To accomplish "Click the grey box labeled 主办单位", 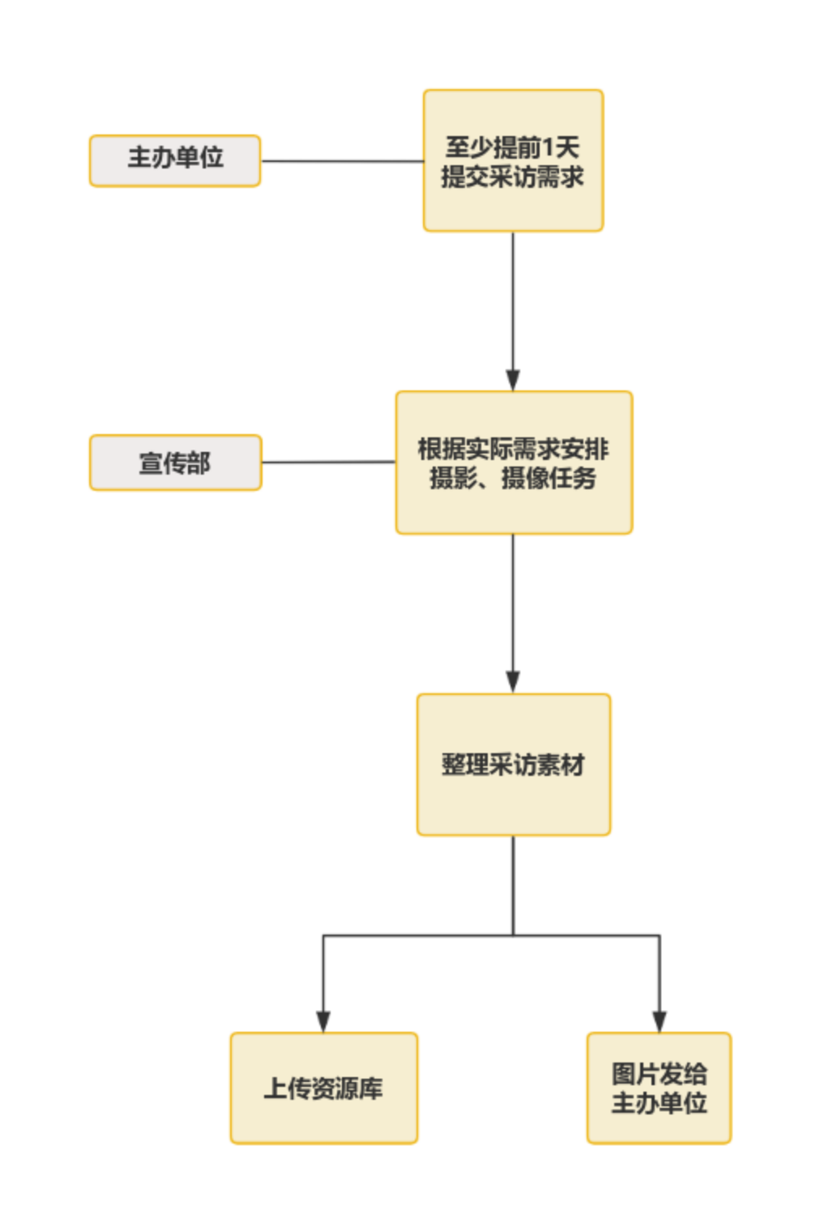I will (174, 160).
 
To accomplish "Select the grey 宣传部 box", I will (174, 462).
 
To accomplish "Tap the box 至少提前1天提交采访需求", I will (513, 160).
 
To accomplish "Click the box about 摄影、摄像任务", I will (513, 462).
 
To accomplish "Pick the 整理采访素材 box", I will (513, 764).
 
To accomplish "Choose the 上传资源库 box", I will (323, 1087).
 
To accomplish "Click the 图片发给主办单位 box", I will (659, 1087).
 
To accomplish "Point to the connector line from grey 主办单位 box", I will (341, 160).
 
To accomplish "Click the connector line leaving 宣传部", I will (328, 462).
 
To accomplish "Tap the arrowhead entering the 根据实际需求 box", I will (513, 381).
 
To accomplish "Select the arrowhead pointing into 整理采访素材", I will (513, 682).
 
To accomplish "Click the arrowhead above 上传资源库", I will (323, 1021).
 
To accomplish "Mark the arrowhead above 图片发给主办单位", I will (659, 1021).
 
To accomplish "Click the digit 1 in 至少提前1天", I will (549, 147).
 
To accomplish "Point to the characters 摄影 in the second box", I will (453, 478).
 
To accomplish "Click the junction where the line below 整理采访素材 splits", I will (513, 935).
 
